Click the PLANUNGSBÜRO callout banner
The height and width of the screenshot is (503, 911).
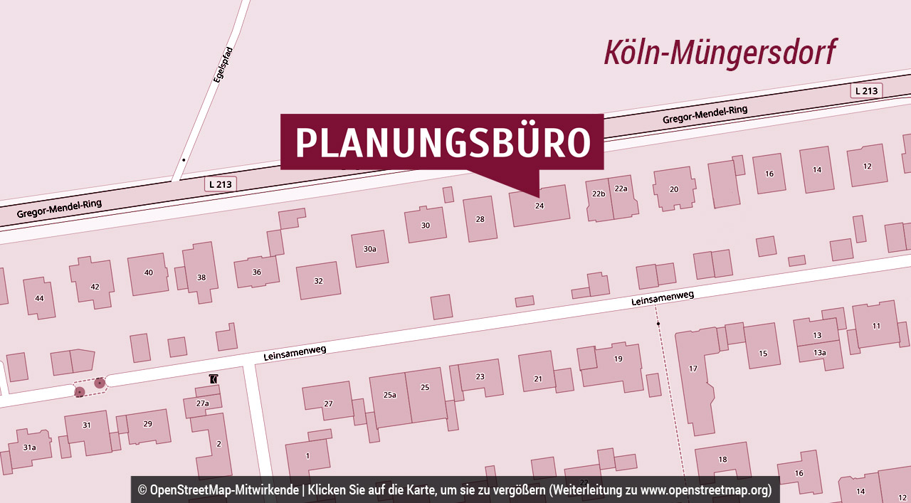click(441, 142)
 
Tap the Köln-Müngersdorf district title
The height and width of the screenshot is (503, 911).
click(720, 53)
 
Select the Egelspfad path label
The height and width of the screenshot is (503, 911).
click(223, 74)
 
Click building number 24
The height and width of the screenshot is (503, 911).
click(539, 206)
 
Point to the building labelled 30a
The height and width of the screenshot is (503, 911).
click(369, 249)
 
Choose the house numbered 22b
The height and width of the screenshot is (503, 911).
click(599, 194)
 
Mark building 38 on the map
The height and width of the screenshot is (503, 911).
click(201, 277)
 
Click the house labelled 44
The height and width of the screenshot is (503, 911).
click(39, 297)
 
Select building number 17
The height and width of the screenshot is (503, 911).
click(693, 369)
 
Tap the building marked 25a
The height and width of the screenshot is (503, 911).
click(389, 395)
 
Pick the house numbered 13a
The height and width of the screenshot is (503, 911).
click(820, 353)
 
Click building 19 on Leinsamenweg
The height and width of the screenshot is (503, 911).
click(618, 359)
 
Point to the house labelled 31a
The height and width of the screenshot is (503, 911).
click(29, 448)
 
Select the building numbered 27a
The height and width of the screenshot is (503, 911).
click(202, 403)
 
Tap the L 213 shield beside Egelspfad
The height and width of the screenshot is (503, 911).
click(221, 184)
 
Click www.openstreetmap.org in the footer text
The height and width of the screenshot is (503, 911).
click(705, 490)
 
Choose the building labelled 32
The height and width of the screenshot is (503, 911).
click(318, 281)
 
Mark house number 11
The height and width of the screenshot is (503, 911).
click(876, 326)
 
